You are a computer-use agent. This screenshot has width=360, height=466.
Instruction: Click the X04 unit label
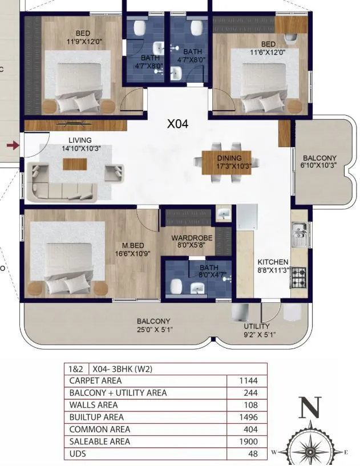tap(177, 123)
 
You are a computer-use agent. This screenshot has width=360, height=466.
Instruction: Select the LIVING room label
tap(80, 140)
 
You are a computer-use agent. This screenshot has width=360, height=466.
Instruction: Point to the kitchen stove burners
tap(298, 277)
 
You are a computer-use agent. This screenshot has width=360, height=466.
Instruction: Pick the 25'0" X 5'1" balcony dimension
tap(153, 329)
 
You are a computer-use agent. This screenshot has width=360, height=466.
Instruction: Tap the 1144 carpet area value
tap(249, 380)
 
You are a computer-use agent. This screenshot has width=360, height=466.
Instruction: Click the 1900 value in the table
tap(249, 441)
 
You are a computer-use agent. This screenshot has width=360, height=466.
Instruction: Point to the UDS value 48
tap(253, 454)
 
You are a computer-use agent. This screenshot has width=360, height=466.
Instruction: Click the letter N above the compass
tap(310, 407)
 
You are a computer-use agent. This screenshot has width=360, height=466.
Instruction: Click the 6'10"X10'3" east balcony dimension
tap(319, 165)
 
